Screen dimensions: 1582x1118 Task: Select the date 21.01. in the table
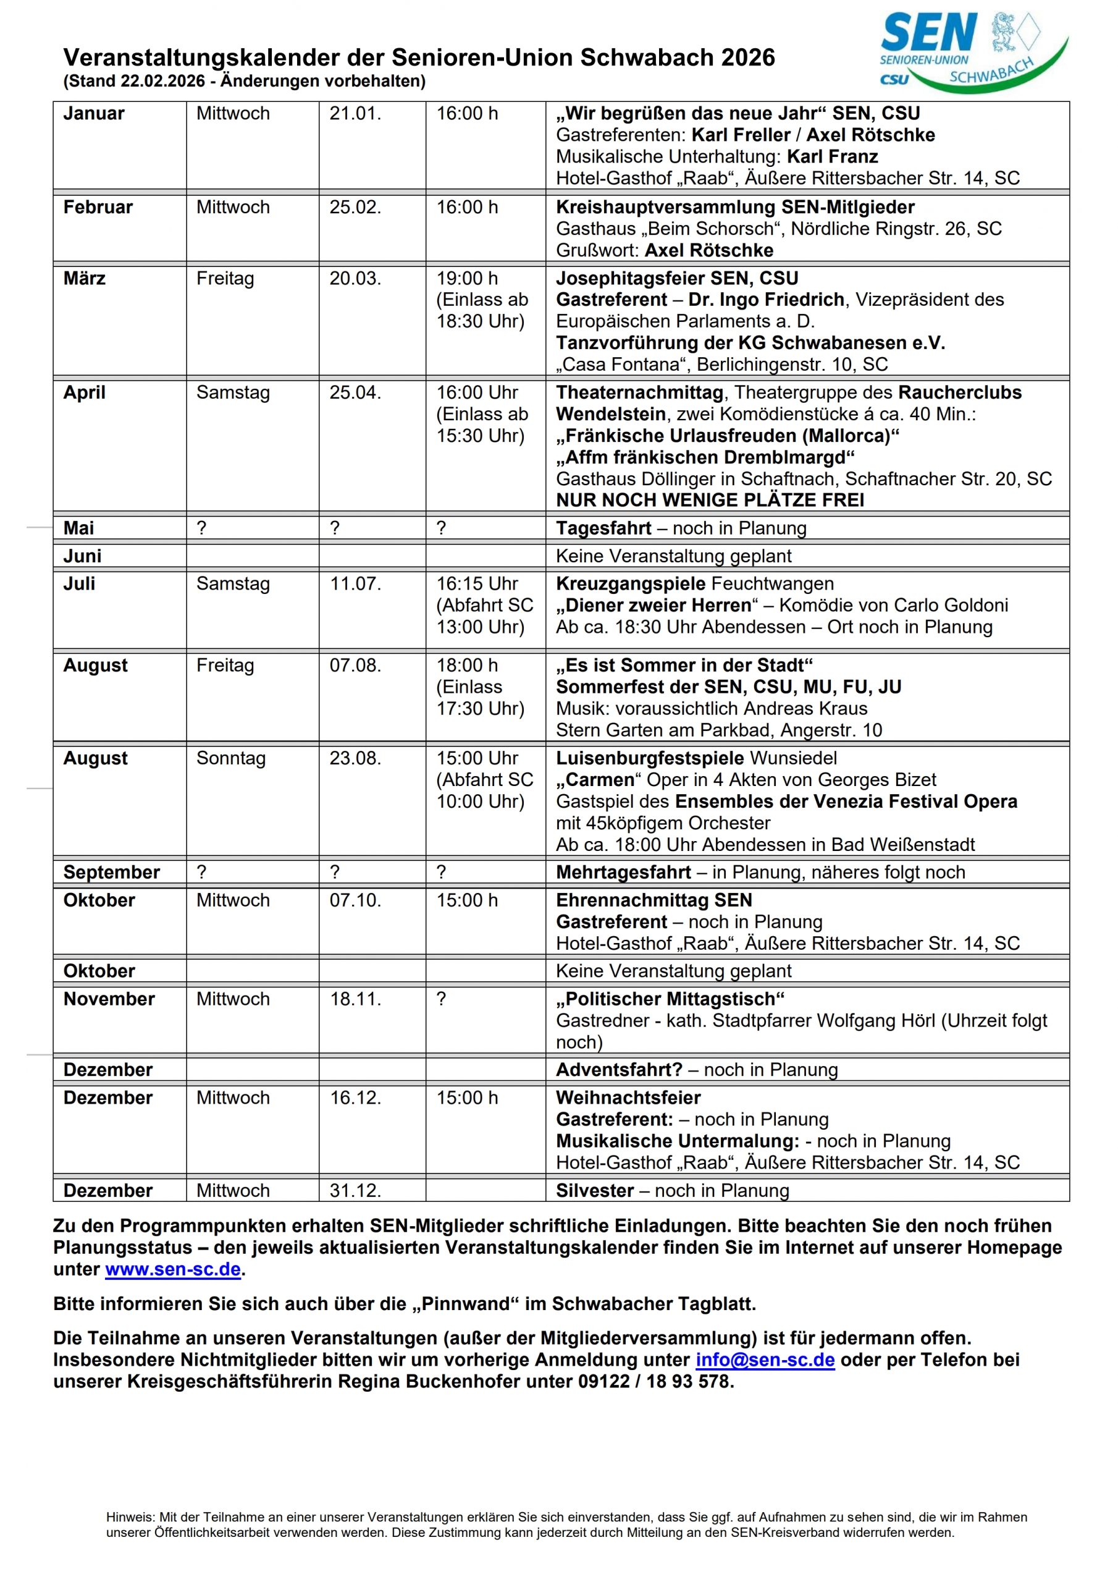(355, 114)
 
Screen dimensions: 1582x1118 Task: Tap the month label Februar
(98, 208)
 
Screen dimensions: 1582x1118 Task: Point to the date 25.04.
(355, 393)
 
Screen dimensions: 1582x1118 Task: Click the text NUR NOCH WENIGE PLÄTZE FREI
(710, 500)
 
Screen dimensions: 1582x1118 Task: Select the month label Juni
(82, 556)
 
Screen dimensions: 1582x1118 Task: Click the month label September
(112, 873)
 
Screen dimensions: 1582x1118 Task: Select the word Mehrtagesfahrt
(623, 873)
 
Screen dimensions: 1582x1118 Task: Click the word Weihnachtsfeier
(628, 1098)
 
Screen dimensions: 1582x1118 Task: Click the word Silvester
(594, 1191)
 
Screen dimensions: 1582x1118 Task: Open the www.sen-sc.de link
(173, 1269)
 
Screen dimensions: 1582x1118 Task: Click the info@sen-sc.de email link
(765, 1360)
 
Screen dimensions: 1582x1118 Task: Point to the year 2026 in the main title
(748, 58)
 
